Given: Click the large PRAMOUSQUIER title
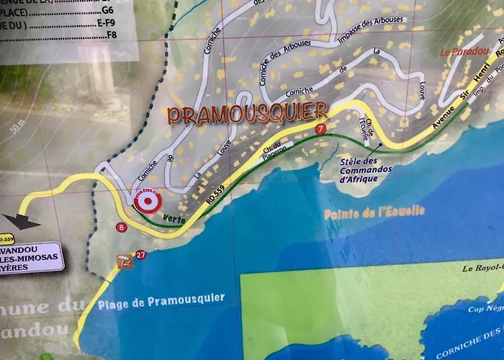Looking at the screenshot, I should [248, 114].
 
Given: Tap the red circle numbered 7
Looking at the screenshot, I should [320, 128].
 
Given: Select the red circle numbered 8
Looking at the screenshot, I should [121, 228].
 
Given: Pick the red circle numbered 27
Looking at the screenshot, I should [140, 255].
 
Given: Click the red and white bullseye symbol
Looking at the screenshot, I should [148, 203].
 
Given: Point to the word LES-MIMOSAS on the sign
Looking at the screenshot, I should [32, 256].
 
